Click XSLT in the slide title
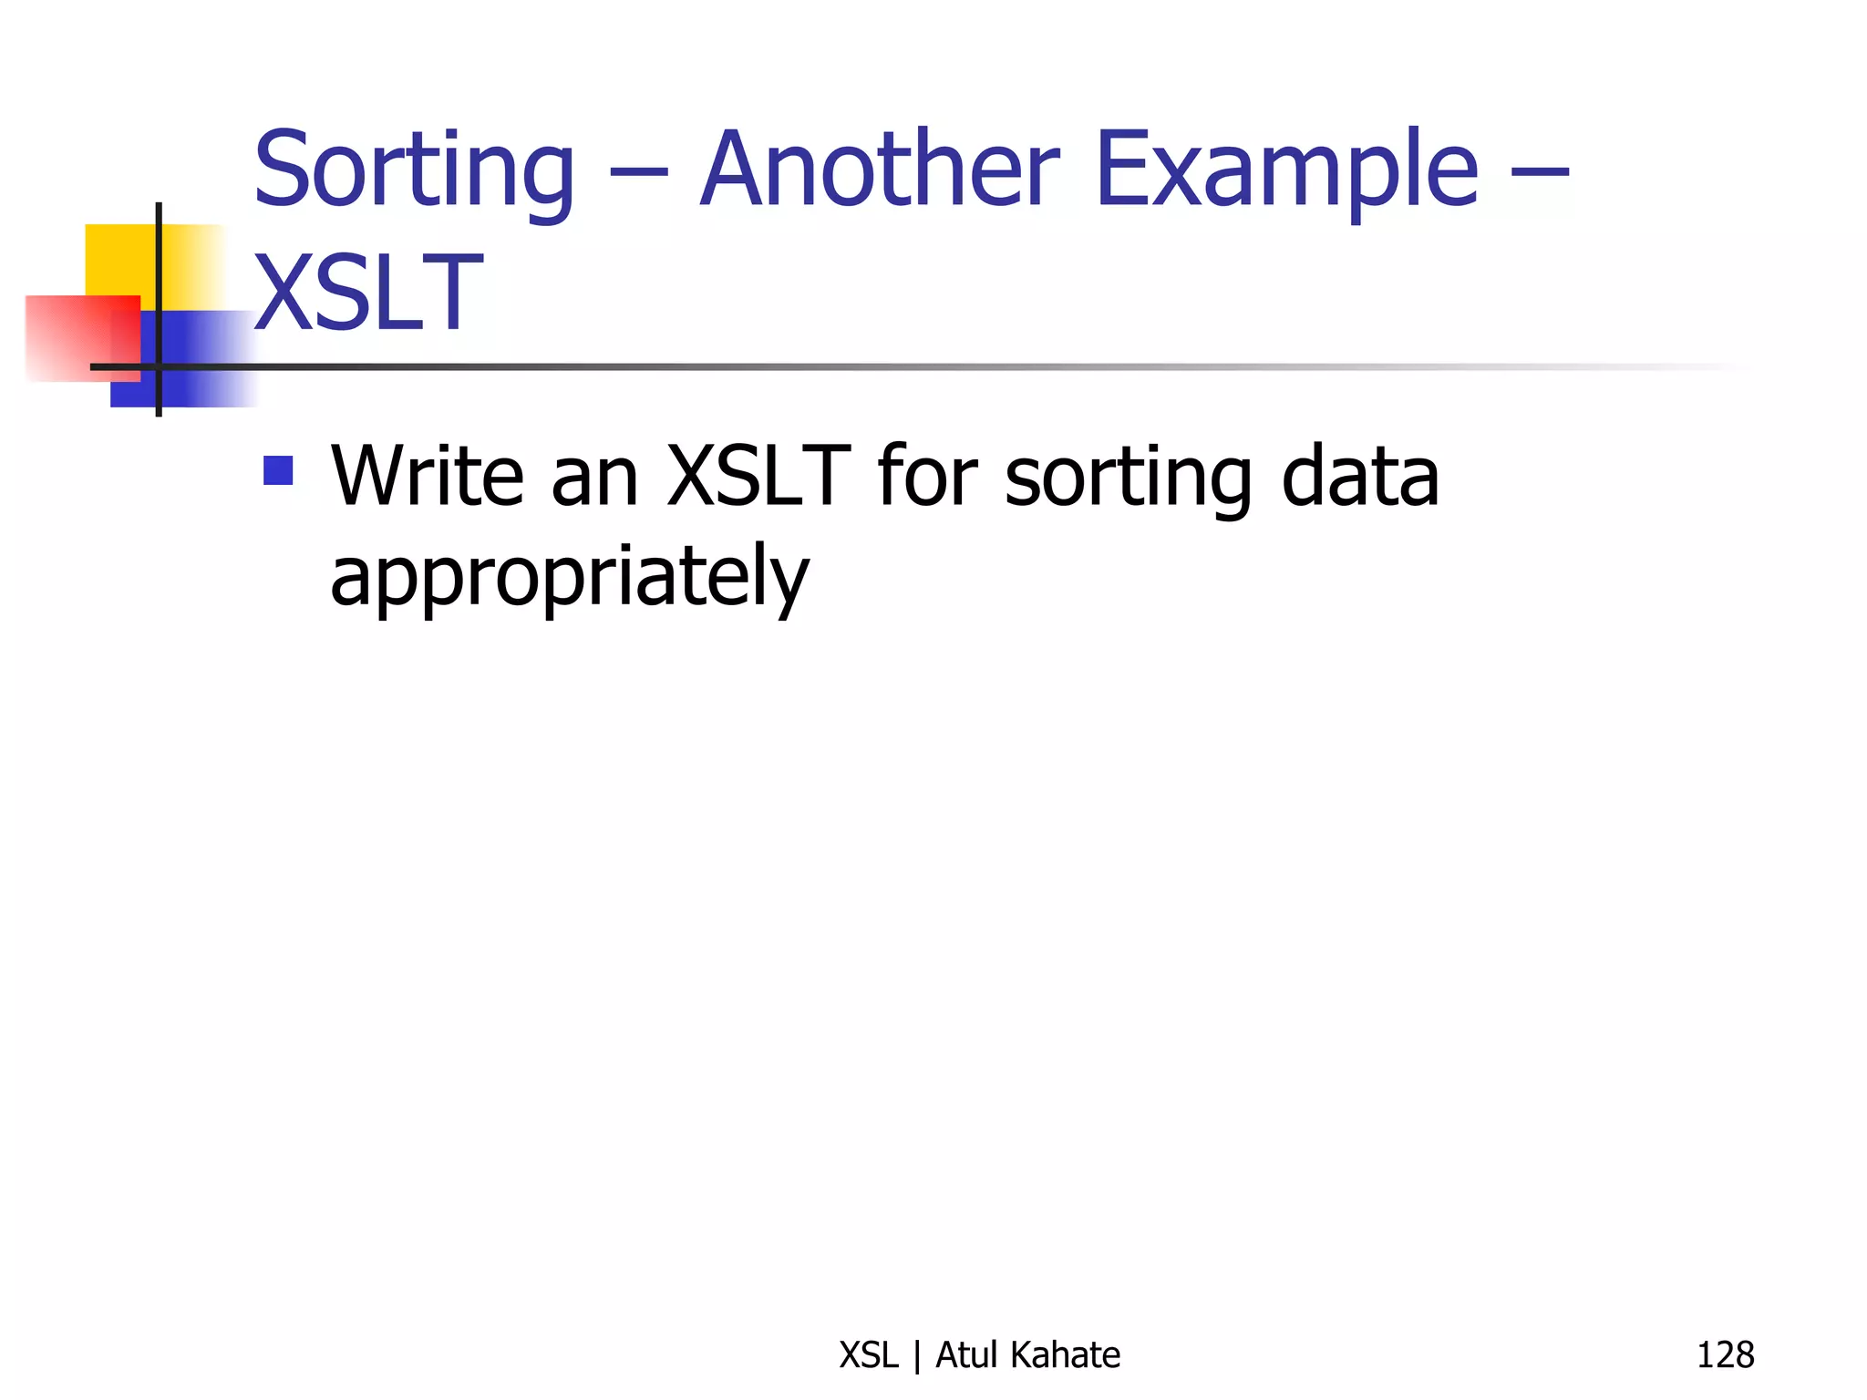pyautogui.click(x=367, y=293)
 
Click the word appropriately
pyautogui.click(x=570, y=578)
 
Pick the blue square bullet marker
pyautogui.click(x=278, y=470)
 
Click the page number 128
pyautogui.click(x=1725, y=1355)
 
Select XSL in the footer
pyautogui.click(x=868, y=1355)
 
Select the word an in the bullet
pyautogui.click(x=594, y=478)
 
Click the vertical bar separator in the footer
pyautogui.click(x=917, y=1356)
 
